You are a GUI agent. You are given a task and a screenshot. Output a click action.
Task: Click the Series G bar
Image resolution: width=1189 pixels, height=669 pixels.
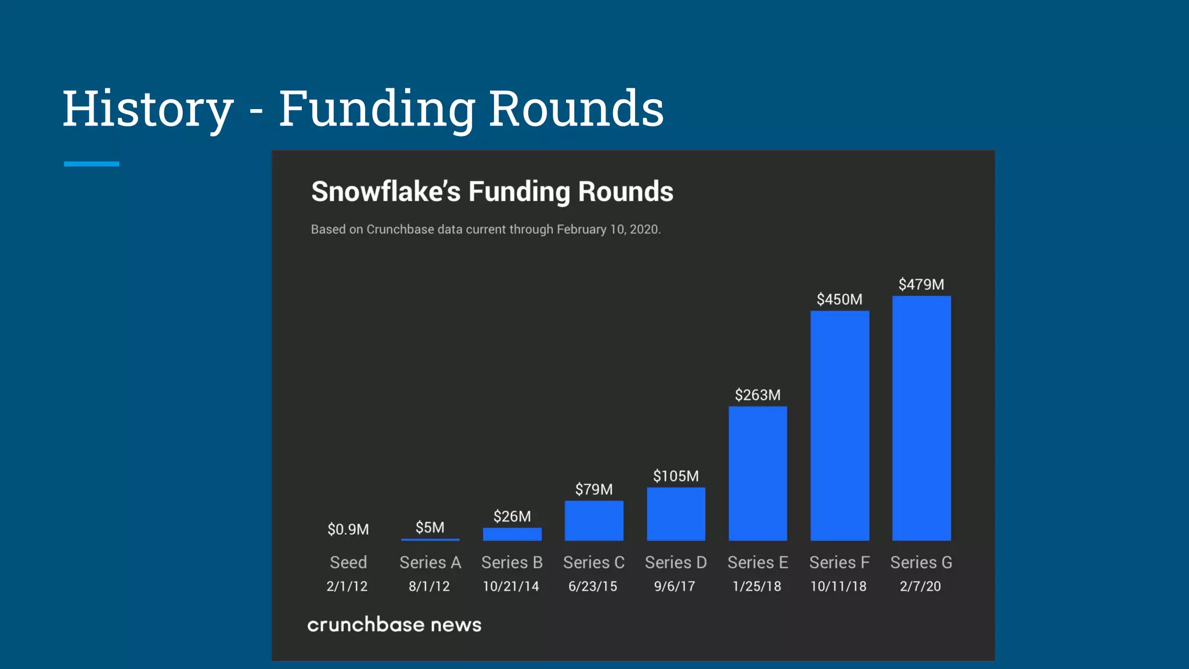click(921, 418)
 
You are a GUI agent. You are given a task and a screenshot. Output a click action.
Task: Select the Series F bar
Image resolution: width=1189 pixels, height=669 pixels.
click(839, 426)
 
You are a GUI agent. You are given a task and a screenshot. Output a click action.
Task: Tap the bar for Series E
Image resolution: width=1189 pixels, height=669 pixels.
click(758, 473)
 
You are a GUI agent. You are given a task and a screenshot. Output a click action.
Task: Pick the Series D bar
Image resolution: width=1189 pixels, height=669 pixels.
click(676, 514)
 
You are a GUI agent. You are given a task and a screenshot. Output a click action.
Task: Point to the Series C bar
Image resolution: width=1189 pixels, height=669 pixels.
click(594, 520)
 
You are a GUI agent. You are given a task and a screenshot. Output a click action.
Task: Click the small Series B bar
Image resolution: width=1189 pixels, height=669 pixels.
click(512, 534)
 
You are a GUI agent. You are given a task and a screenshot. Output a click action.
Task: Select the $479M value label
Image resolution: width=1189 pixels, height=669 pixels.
click(921, 285)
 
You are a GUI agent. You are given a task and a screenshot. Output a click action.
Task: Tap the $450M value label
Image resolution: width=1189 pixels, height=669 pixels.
click(839, 300)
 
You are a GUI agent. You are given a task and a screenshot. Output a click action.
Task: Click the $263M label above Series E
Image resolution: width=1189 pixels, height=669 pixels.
click(758, 395)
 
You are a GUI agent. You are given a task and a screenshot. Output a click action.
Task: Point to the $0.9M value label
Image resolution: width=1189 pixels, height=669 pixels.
click(348, 530)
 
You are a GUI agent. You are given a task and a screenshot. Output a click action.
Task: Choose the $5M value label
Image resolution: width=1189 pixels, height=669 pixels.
click(430, 527)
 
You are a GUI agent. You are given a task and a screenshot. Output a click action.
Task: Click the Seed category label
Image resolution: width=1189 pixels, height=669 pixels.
click(348, 562)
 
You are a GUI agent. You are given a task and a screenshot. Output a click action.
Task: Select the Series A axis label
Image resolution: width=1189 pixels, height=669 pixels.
click(430, 562)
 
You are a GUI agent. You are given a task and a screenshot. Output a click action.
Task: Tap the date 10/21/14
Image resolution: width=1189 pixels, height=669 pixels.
click(511, 587)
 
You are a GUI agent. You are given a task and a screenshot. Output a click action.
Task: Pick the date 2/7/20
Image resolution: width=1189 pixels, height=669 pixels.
click(920, 587)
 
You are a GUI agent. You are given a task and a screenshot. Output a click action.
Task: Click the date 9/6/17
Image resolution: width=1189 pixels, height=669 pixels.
click(675, 587)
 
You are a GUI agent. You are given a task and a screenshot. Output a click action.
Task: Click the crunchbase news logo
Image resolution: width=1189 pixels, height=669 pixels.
click(394, 625)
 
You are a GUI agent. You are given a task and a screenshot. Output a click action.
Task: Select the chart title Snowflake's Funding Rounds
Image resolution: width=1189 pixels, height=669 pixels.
click(492, 192)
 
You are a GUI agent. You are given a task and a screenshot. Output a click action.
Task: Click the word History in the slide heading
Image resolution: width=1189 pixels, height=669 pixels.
click(148, 109)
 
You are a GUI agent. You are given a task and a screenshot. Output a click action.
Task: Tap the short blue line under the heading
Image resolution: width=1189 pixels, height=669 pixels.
click(92, 164)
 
